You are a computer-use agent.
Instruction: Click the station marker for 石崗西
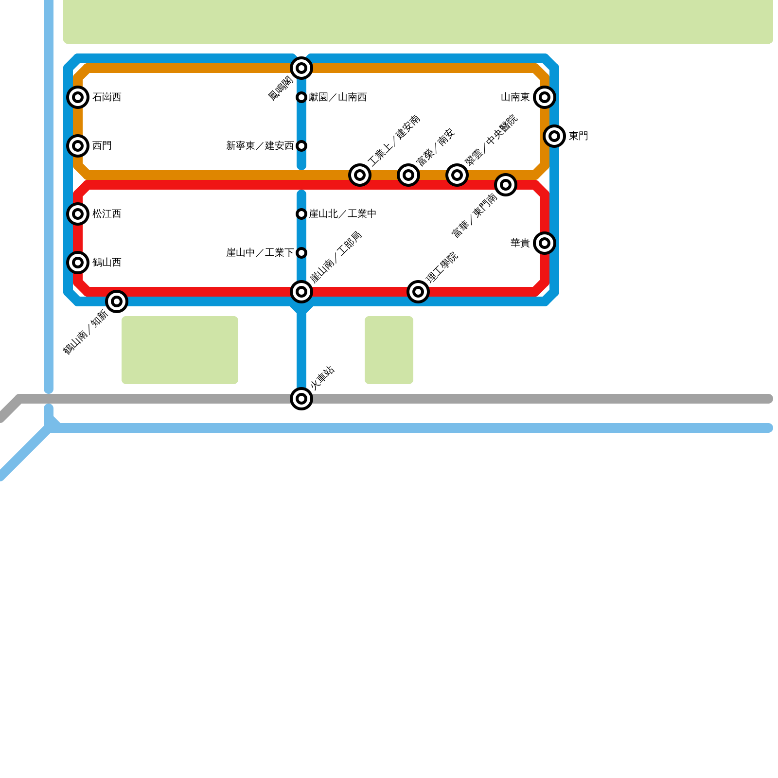click(78, 97)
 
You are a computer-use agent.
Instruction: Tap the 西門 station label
click(102, 146)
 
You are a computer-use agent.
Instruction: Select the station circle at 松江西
click(78, 214)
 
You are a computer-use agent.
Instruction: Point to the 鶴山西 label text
click(106, 263)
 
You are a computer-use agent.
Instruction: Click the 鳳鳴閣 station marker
click(301, 68)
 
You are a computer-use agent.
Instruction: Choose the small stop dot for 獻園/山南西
click(301, 97)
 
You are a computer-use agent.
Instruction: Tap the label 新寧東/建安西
click(260, 146)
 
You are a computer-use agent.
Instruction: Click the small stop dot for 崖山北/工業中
click(301, 214)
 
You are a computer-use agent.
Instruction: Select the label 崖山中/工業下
click(260, 253)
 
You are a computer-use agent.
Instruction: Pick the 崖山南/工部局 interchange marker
click(301, 292)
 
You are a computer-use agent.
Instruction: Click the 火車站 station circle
click(301, 399)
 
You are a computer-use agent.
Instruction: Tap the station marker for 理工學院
click(418, 292)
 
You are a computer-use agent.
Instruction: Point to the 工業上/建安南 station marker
click(360, 175)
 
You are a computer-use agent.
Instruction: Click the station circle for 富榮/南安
click(408, 175)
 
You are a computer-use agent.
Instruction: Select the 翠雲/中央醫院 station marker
click(457, 175)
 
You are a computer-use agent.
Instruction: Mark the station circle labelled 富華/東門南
click(506, 185)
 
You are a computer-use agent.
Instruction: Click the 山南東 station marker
click(545, 97)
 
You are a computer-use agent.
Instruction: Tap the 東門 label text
click(579, 136)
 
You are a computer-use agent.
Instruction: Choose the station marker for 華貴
click(545, 243)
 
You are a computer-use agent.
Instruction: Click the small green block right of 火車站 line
click(389, 350)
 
